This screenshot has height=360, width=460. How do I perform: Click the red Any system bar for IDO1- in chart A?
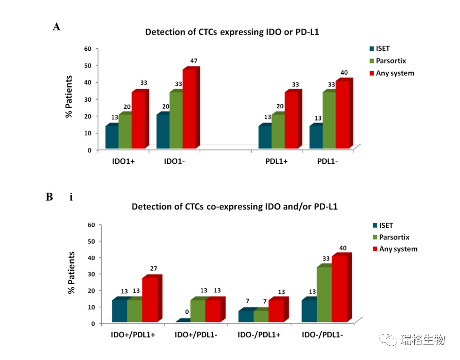pos(190,109)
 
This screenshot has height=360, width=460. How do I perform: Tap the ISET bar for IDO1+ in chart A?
pos(112,137)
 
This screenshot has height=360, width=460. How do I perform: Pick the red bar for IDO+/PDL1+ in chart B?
pos(150,299)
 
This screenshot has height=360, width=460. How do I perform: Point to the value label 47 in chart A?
pos(194,62)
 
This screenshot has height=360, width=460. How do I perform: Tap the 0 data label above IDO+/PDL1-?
pos(187,312)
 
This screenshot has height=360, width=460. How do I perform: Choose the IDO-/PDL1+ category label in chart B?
pos(262,335)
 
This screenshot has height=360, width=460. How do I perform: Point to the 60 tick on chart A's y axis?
pos(88,48)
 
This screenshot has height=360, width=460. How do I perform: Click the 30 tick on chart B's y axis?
pos(91,274)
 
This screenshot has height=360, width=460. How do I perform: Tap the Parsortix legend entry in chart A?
pos(391,61)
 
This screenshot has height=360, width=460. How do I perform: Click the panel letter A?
pos(56,27)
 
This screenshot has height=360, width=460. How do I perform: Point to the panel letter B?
pos(49,197)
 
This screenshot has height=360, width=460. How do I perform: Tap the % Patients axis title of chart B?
pos(72,273)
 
